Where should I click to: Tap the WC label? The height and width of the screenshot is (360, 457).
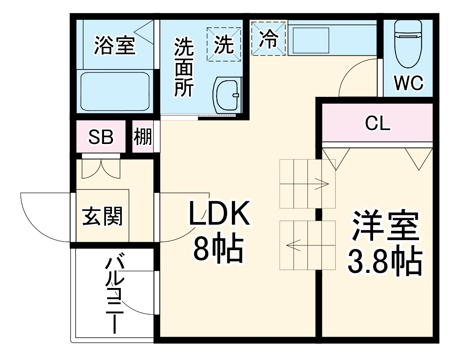408,83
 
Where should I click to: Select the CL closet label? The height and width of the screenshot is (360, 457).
377,123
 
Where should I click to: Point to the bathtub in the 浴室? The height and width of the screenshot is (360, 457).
115,91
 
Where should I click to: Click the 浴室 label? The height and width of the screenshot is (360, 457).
115,45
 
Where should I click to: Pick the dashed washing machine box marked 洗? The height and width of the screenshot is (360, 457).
224,44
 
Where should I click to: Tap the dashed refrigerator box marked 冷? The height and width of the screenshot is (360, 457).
269,39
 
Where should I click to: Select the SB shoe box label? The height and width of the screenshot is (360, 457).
101,137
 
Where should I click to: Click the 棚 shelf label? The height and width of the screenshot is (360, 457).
143,137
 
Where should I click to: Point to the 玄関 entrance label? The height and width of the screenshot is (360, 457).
102,216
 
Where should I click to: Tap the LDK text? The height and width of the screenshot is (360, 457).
219,213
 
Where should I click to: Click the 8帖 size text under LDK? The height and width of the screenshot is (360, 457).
219,249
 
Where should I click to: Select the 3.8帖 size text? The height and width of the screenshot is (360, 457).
384,261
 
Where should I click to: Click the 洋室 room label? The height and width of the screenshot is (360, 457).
385,225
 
